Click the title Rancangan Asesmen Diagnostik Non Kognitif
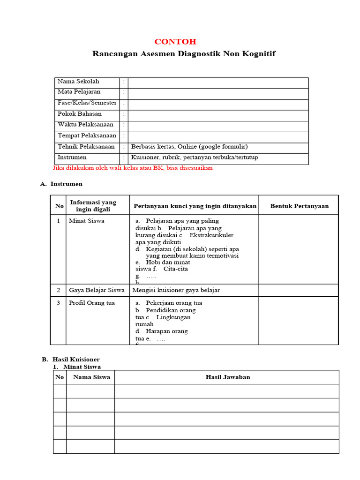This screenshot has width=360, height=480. [184, 54]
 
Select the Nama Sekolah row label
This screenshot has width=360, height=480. [78, 82]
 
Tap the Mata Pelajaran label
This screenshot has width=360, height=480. [79, 92]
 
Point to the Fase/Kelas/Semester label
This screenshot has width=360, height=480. [87, 103]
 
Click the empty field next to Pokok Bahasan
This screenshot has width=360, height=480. [218, 114]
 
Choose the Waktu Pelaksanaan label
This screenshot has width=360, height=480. [85, 125]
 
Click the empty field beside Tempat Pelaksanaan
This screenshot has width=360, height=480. [218, 136]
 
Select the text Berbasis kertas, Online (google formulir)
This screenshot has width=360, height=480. [189, 147]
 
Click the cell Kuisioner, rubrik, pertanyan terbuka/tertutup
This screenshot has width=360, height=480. [195, 157]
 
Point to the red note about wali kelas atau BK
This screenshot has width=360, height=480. [133, 168]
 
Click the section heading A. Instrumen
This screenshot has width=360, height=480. [61, 184]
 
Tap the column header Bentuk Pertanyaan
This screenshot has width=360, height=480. [300, 206]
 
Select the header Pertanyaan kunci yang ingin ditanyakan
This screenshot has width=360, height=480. [195, 206]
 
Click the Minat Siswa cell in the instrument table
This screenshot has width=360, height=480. [86, 221]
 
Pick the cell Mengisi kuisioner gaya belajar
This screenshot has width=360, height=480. [176, 290]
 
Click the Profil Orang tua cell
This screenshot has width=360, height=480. [91, 303]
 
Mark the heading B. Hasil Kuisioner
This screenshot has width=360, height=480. [70, 360]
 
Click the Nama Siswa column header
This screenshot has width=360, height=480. [92, 377]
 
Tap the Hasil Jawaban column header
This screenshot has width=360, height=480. [228, 377]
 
